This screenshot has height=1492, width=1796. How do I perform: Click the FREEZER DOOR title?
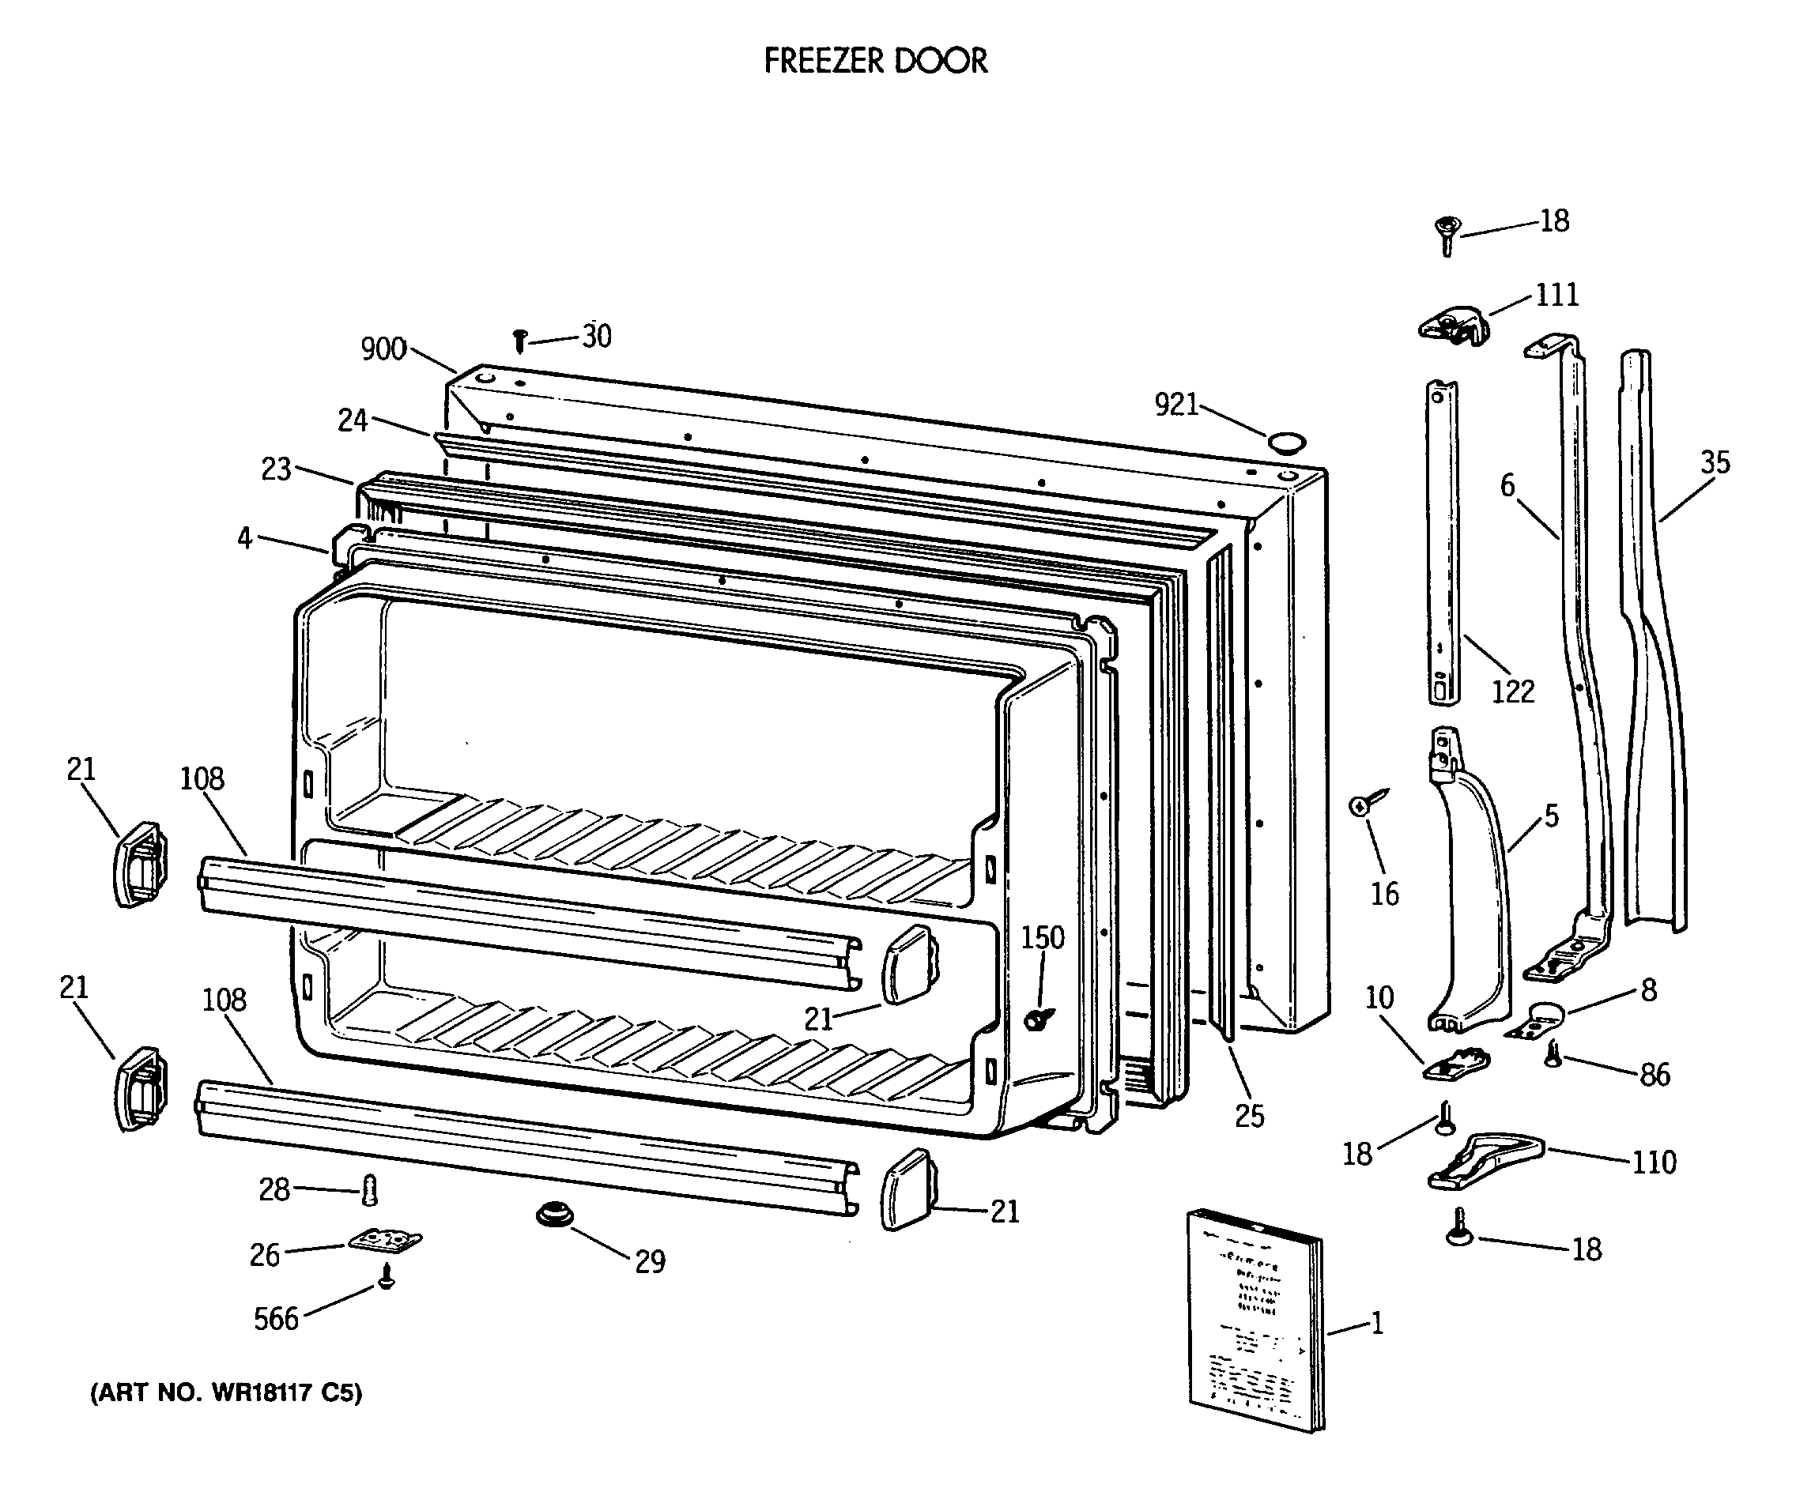click(875, 62)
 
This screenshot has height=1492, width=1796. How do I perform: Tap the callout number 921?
click(1176, 405)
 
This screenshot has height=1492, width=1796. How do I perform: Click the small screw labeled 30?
click(519, 341)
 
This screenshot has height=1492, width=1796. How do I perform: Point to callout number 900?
click(383, 349)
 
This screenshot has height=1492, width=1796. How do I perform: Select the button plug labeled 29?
click(554, 1215)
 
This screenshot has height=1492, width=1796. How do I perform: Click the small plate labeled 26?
click(386, 1240)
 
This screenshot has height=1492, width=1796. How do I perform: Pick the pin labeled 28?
click(370, 1189)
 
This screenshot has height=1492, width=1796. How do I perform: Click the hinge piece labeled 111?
click(1453, 326)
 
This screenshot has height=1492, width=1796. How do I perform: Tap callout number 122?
click(1512, 691)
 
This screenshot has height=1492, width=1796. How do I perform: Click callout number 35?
click(1714, 462)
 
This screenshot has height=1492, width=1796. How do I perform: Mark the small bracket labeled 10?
click(1455, 1063)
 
